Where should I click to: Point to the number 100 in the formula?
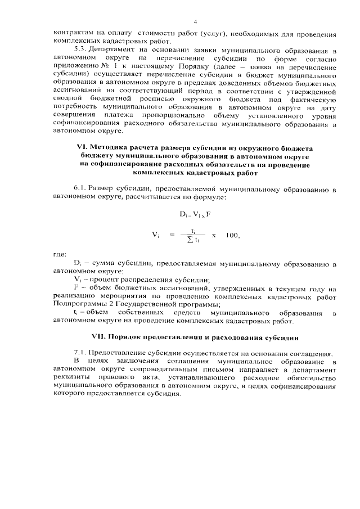tap(231, 235)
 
